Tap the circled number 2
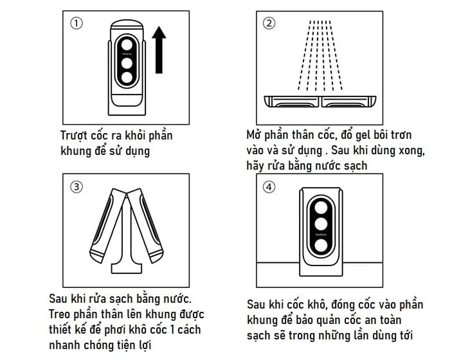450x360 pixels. [270, 24]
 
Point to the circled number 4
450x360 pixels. [270, 187]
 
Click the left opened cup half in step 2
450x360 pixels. [292, 100]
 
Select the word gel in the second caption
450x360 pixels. [352, 136]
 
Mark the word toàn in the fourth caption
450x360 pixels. [410, 319]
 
